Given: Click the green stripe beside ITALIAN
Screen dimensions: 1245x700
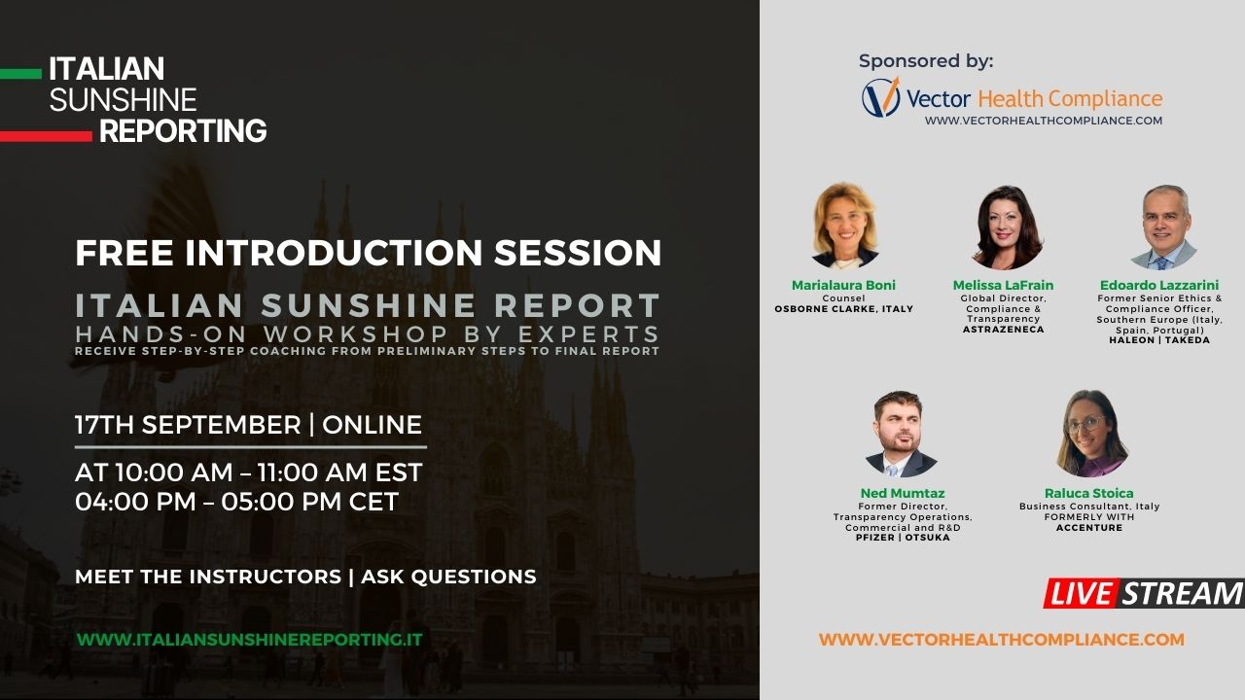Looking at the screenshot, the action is [20, 74].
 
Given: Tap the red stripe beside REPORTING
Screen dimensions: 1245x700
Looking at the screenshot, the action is [46, 136].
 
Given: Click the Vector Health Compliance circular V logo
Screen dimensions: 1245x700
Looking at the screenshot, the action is [881, 97].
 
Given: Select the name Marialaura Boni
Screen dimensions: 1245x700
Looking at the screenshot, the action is [843, 285].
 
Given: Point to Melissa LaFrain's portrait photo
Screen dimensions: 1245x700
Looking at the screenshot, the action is [1007, 227].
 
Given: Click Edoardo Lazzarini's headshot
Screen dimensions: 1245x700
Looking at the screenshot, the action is [1164, 227].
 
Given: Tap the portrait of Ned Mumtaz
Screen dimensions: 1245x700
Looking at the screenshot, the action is [901, 434].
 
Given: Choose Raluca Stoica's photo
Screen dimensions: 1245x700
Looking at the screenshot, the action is [1091, 434].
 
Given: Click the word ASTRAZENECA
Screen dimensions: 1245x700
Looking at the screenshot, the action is [1003, 330].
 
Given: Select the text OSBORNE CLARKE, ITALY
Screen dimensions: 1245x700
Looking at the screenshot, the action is [843, 309].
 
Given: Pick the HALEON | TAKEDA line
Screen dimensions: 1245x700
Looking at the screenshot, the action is [1159, 340].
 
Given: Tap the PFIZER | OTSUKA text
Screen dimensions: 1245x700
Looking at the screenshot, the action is [903, 538].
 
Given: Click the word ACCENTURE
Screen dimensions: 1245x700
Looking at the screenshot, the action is [1089, 528].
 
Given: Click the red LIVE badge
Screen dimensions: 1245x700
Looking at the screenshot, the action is [1081, 593].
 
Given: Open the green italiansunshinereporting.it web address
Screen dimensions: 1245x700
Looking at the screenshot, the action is [250, 640].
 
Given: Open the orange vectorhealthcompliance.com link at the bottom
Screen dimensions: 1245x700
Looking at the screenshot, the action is [1002, 640].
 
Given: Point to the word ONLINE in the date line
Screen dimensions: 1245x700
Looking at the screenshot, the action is [372, 425].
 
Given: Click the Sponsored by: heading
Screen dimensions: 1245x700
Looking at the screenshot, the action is [926, 61].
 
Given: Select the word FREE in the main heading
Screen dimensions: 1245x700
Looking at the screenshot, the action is [124, 253].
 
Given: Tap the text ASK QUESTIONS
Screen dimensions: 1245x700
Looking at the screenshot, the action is [448, 577].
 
